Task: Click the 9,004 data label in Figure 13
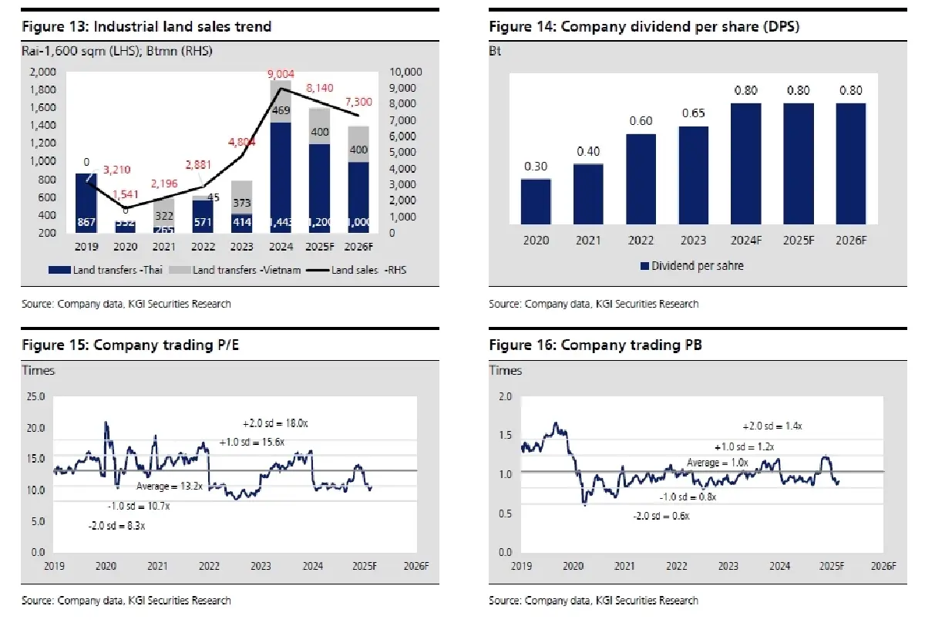[281, 75]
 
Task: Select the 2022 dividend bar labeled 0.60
[641, 179]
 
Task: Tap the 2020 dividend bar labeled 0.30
[536, 201]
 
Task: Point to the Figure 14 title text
[644, 27]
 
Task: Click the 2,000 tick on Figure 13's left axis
[43, 72]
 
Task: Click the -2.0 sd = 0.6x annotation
[661, 516]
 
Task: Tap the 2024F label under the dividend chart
[746, 240]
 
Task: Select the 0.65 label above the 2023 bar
[693, 113]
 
